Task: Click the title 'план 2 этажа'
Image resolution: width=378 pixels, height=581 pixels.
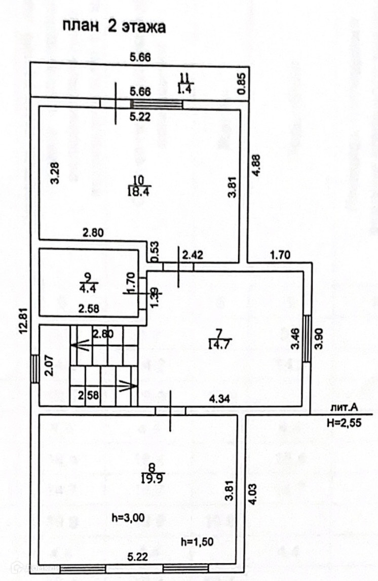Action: tap(114, 27)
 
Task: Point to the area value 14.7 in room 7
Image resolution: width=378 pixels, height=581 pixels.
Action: tap(220, 345)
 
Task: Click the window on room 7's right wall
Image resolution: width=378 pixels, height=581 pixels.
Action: tap(307, 338)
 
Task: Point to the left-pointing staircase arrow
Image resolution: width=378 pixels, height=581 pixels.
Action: tap(79, 346)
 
